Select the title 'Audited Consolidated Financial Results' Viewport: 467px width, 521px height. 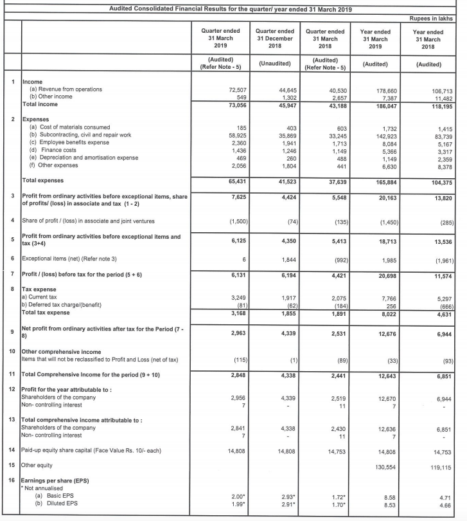click(225, 8)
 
